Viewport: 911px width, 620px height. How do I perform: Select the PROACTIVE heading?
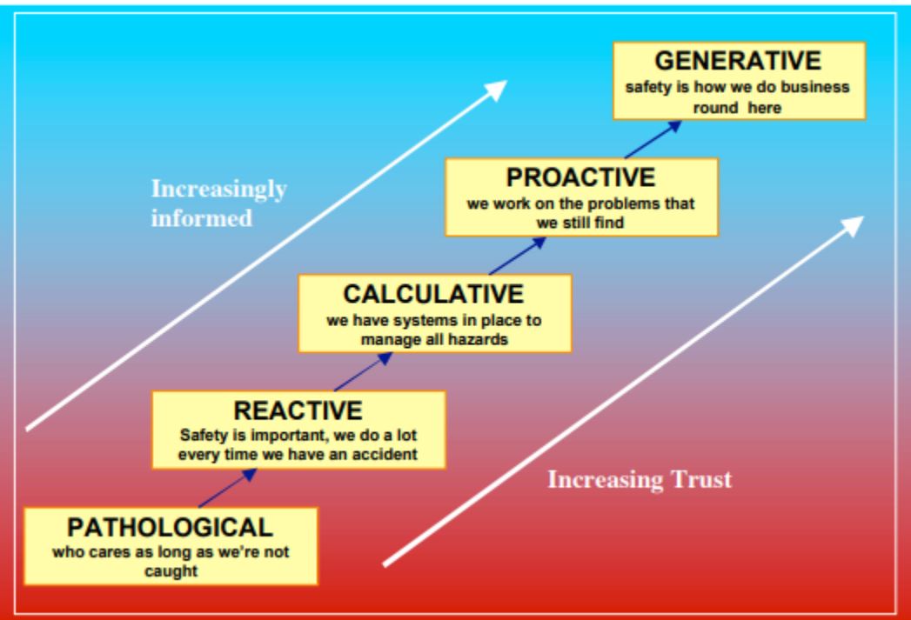[x=581, y=177]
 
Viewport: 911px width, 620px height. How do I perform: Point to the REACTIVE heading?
[x=298, y=410]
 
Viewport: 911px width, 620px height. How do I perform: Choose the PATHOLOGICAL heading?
[x=170, y=527]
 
